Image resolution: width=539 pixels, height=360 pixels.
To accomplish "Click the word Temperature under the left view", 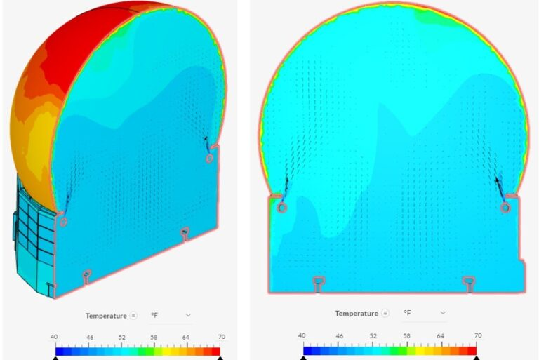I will [x=107, y=316].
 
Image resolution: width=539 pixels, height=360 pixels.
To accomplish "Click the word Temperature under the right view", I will [x=356, y=313].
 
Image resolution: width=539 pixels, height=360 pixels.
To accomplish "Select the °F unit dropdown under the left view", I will [x=170, y=316].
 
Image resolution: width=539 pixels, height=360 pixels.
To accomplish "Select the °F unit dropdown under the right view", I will [x=423, y=312].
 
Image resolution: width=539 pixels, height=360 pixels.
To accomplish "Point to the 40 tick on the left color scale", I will [x=56, y=338].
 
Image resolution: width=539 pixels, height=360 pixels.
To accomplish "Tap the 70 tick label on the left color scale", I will [x=220, y=338].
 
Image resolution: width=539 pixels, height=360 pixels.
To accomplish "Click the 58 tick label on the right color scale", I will [x=406, y=336].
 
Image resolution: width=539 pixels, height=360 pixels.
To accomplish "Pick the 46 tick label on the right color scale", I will [x=339, y=336].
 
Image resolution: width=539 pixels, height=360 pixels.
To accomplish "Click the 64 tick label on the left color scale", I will [x=186, y=338].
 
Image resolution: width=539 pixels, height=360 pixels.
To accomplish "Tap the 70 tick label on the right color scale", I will [x=478, y=336].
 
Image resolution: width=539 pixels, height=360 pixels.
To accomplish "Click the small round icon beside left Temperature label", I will [x=133, y=316].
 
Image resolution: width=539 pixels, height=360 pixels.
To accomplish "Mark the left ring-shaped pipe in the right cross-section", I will [x=281, y=208].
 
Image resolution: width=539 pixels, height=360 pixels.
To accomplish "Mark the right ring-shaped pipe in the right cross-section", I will [x=505, y=208].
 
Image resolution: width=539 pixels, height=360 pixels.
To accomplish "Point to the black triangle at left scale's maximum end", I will [x=220, y=358].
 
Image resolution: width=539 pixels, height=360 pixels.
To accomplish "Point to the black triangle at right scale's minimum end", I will [x=304, y=358].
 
